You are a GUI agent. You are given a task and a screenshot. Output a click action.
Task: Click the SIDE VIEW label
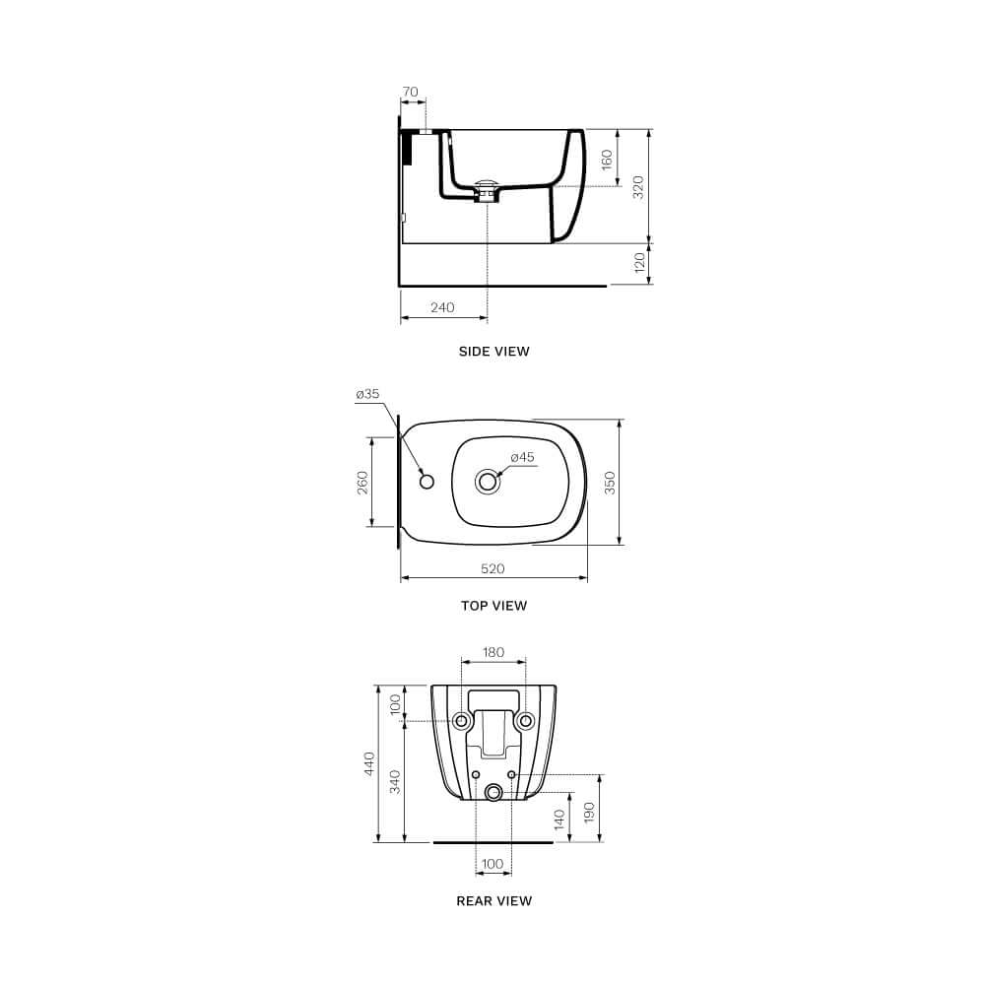pos(493,351)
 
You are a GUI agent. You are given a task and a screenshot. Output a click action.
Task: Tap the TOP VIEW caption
pos(493,606)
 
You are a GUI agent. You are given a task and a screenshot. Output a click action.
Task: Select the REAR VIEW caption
pos(493,900)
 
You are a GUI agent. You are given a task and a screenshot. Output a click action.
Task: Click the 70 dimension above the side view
pos(410,93)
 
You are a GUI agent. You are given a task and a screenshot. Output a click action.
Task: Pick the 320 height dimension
pos(638,187)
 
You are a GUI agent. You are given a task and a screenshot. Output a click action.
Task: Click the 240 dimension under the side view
pos(442,307)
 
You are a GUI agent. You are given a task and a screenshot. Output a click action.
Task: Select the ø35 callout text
pos(367,394)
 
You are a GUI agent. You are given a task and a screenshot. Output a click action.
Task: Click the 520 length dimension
pos(492,568)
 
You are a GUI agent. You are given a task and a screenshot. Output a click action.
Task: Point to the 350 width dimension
pos(610,482)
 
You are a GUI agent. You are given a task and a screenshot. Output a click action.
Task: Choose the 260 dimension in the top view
pos(362,482)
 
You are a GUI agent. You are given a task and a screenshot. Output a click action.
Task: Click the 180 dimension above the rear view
pos(493,652)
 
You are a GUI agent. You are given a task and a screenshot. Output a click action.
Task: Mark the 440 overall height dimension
pos(369,763)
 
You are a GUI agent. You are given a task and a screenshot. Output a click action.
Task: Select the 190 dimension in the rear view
pos(590,813)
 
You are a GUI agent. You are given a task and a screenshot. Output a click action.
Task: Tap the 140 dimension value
pos(559,820)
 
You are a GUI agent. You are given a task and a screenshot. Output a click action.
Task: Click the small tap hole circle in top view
pos(426,481)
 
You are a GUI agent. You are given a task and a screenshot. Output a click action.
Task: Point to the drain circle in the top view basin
pos(488,482)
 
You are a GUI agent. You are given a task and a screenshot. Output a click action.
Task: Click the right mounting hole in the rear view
pos(526,721)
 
